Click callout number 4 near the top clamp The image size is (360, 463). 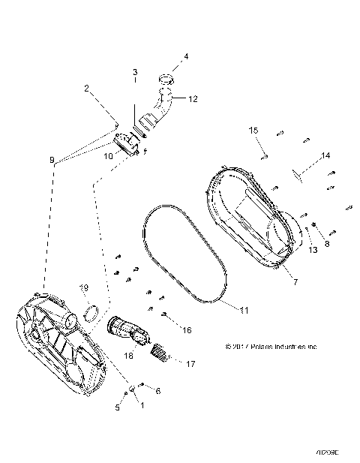(186, 56)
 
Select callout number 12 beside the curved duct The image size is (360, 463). (193, 98)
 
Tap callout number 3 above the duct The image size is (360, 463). (135, 72)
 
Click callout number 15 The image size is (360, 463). (253, 131)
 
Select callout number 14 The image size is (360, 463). (285, 156)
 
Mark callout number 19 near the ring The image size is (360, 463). (85, 287)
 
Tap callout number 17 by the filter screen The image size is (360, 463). (190, 364)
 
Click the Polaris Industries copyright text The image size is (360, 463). (271, 347)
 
